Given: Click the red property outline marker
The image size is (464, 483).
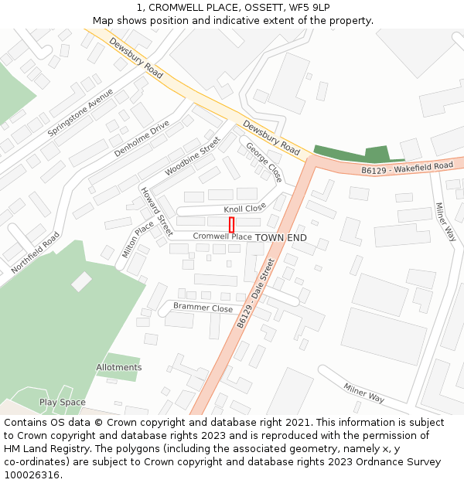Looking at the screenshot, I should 231,225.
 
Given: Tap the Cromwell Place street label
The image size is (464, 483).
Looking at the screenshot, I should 222,236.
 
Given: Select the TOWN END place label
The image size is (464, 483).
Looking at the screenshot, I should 281,237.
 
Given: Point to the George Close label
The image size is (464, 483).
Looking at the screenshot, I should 264,162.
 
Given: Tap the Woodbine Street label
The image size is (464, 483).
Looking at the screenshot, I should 193,157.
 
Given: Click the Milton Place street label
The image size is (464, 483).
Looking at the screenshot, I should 138,240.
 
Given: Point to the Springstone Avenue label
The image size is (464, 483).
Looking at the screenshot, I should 80,113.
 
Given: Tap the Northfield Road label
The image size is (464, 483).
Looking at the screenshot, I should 35,253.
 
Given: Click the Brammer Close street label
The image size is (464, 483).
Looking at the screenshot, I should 203,308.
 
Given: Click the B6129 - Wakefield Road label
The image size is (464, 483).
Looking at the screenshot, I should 407,167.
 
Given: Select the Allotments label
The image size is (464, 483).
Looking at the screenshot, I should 119,367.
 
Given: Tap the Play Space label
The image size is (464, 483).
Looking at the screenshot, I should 63,403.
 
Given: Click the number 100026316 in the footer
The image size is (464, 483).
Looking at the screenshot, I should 31,475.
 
